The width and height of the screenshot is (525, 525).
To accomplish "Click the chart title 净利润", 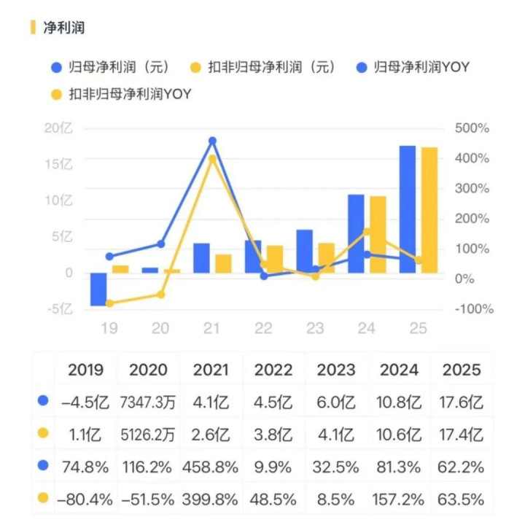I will tap(64, 28).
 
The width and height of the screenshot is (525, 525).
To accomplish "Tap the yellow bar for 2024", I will tap(378, 234).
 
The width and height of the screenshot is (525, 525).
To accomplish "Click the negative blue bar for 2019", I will tap(98, 289).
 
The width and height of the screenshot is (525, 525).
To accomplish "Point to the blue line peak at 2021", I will tap(212, 141).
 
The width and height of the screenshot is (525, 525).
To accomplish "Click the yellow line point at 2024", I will tap(367, 231).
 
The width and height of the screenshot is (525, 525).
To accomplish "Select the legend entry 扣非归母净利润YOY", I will tap(125, 94).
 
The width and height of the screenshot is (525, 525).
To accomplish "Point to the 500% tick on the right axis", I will tap(472, 128).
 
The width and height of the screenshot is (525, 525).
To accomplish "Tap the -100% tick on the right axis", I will tap(474, 309).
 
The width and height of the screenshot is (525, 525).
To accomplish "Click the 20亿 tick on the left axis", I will tap(59, 128).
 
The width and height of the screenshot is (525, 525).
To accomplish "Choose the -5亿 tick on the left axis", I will tap(60, 309).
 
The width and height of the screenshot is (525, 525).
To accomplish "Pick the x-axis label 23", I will tap(315, 329).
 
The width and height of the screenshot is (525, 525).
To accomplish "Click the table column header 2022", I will tap(273, 370).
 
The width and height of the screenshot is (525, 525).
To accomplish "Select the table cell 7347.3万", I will tap(148, 402).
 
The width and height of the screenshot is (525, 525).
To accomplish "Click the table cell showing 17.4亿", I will tap(462, 435).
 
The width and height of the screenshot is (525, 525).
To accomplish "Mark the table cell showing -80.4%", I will tap(85, 500).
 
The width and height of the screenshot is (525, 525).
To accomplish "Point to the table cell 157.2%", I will tap(400, 500).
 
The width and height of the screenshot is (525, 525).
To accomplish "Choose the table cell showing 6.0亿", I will tap(336, 402).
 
